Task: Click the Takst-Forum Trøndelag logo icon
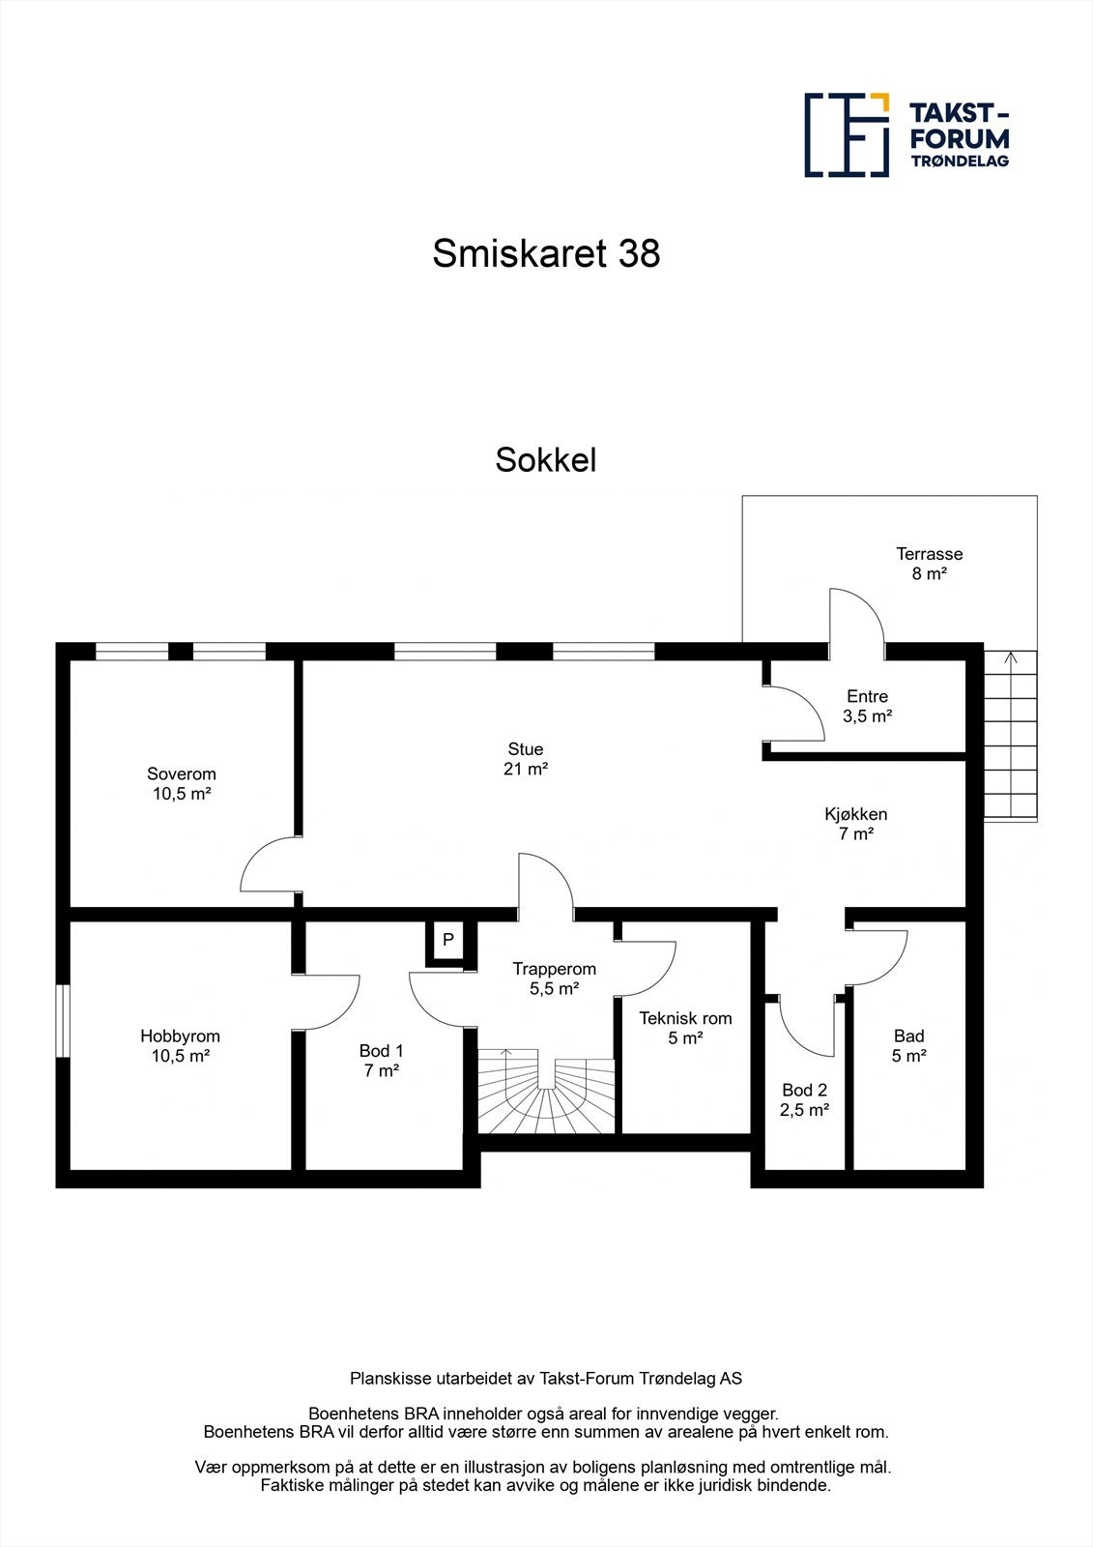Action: pyautogui.click(x=847, y=134)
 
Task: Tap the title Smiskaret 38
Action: pyautogui.click(x=546, y=253)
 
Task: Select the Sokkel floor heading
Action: pyautogui.click(x=546, y=460)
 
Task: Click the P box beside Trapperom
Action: pyautogui.click(x=448, y=939)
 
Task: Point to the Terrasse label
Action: pyautogui.click(x=929, y=554)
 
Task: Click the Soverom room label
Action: pyautogui.click(x=182, y=773)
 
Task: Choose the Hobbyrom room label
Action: pyautogui.click(x=180, y=1036)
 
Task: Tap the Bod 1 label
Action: pyautogui.click(x=382, y=1051)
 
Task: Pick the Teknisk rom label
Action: pyautogui.click(x=685, y=1018)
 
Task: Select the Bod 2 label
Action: pyautogui.click(x=804, y=1090)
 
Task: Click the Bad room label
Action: pyautogui.click(x=908, y=1036)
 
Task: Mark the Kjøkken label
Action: pyautogui.click(x=855, y=814)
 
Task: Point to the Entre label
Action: pyautogui.click(x=867, y=696)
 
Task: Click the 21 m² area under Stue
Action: pyautogui.click(x=526, y=770)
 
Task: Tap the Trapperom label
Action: pyautogui.click(x=554, y=969)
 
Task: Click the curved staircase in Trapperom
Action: pyautogui.click(x=546, y=1093)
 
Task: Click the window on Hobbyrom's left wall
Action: pyautogui.click(x=62, y=1020)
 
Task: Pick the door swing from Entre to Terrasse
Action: pyautogui.click(x=856, y=615)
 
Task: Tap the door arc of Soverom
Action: pyautogui.click(x=268, y=865)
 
